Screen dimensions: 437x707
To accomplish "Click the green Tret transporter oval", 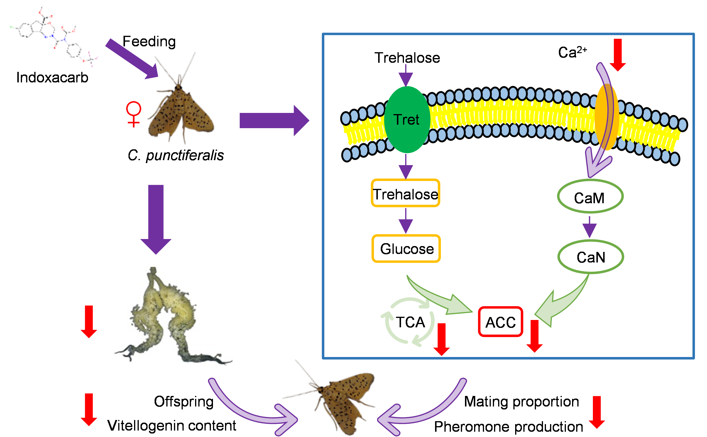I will (407, 119).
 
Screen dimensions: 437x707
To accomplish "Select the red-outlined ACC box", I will (500, 322).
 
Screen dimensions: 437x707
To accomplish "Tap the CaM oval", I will (590, 197).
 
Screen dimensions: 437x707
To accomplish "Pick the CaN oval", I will (591, 257).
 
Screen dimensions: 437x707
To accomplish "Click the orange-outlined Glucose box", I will (406, 248).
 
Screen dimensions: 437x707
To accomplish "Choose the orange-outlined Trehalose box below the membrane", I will (405, 193).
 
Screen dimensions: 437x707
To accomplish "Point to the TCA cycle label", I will (410, 322).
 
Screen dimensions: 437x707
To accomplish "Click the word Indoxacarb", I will (52, 78).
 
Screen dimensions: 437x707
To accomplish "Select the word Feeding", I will (149, 41).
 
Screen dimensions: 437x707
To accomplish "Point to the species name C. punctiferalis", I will (175, 155).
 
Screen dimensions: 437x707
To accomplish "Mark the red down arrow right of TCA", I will (442, 339).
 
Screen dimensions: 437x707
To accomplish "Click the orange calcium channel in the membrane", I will (607, 117).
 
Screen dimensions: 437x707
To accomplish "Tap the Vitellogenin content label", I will (172, 425).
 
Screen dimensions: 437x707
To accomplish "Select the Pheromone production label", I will (508, 426).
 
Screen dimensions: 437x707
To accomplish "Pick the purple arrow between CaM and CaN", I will (589, 227).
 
